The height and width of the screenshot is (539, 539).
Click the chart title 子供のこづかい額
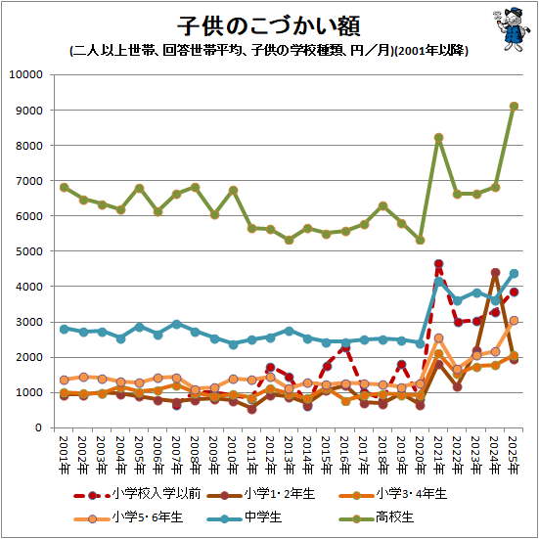(269, 26)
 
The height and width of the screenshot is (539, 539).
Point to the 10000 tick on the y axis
(26, 74)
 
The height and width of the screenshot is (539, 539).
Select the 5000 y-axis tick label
(29, 251)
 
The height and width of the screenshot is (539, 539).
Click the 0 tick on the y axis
(38, 427)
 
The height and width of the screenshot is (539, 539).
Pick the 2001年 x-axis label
(64, 456)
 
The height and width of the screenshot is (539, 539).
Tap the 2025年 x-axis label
(514, 456)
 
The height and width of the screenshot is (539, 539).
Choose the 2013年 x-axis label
(289, 456)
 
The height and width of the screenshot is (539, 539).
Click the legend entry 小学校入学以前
(137, 494)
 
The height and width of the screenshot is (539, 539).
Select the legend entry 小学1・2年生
(261, 494)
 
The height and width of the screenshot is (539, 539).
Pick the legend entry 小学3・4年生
(392, 494)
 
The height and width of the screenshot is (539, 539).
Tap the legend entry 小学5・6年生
(128, 517)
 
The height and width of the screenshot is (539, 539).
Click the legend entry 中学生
(244, 517)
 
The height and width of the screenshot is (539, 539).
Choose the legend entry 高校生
(376, 517)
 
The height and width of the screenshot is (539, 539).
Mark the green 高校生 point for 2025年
(514, 107)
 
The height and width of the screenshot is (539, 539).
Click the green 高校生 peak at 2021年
(438, 138)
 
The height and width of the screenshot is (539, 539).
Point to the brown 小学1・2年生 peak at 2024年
(495, 273)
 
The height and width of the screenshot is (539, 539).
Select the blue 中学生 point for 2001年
(64, 329)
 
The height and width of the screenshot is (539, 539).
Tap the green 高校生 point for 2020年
(420, 240)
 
